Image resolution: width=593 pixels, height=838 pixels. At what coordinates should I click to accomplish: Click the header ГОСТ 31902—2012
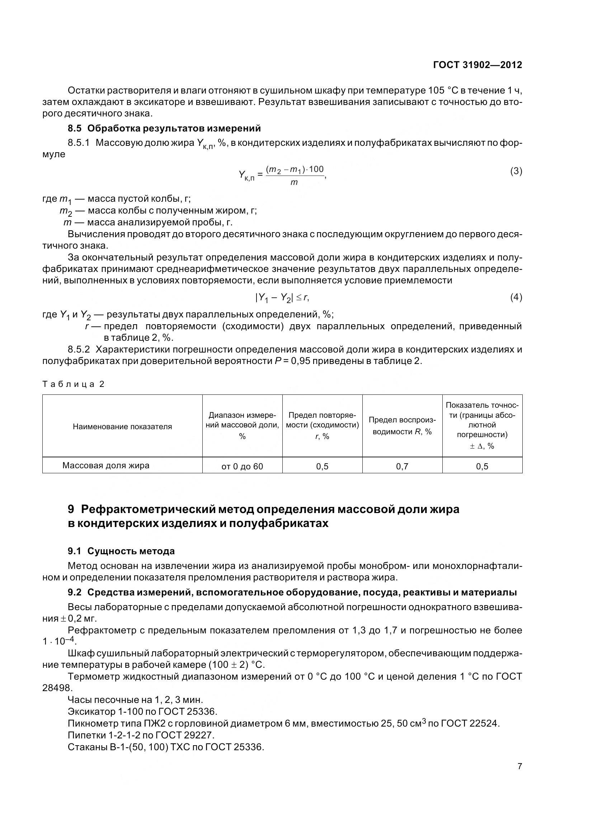coord(477,65)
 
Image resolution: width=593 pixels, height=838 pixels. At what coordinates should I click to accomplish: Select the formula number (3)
coord(516,171)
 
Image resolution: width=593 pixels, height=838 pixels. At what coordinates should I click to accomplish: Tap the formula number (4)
coord(516,297)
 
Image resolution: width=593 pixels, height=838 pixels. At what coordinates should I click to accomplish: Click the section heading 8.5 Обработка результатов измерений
coord(164,128)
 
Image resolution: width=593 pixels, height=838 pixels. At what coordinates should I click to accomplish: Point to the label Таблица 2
coord(74,384)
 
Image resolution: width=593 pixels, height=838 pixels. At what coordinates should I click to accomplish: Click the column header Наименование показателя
coord(122,427)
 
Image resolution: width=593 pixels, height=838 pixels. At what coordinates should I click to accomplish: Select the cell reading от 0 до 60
coord(242,466)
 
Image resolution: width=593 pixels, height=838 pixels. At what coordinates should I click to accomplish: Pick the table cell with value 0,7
coord(402,466)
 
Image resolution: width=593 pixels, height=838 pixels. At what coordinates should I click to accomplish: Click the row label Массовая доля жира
coord(105,466)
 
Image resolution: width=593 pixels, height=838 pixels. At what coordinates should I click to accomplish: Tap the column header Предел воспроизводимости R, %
coord(402,426)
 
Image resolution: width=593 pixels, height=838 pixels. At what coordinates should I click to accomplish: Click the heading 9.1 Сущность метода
coord(121,551)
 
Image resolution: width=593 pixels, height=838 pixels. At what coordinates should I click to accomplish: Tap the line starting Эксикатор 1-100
coord(142,712)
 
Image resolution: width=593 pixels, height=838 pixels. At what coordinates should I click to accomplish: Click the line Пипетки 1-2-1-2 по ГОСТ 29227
coord(141,735)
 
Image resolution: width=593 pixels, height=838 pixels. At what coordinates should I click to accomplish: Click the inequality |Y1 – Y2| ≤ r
coord(282,298)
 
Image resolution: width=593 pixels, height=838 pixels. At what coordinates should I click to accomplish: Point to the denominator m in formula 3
coord(294,182)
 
